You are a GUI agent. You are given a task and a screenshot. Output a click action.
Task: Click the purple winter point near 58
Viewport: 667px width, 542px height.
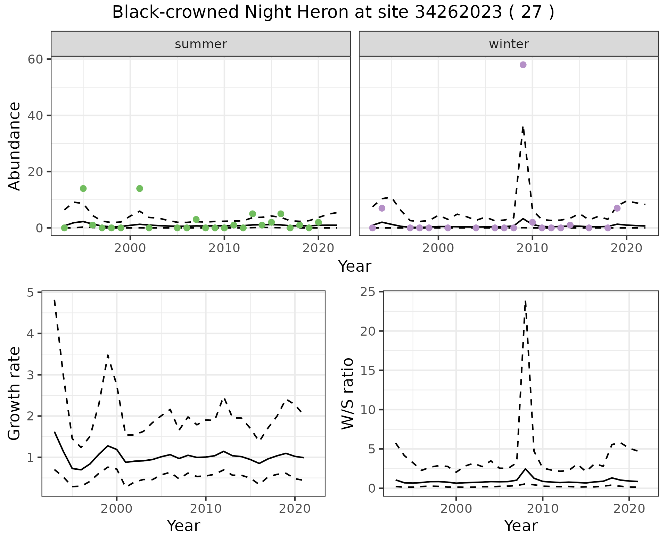click(x=523, y=65)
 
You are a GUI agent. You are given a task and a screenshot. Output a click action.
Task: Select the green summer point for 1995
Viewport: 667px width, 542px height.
click(x=83, y=188)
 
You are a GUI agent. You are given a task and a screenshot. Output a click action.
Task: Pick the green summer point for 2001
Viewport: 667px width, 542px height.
click(x=140, y=188)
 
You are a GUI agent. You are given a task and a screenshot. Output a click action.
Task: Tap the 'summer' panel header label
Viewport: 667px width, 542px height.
click(x=201, y=44)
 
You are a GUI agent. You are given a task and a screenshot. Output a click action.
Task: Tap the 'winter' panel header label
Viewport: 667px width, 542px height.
click(x=509, y=44)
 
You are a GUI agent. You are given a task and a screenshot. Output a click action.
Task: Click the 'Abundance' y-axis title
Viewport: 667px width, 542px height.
click(x=15, y=146)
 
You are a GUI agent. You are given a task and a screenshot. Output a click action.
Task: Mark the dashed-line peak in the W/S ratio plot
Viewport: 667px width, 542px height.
click(x=526, y=301)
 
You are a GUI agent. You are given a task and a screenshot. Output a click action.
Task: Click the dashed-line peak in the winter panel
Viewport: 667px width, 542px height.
click(x=523, y=128)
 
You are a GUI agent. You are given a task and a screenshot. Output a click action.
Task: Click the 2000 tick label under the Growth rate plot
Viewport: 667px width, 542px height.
click(x=117, y=509)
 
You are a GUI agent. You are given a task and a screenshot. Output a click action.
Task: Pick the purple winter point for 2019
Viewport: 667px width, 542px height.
click(x=617, y=208)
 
